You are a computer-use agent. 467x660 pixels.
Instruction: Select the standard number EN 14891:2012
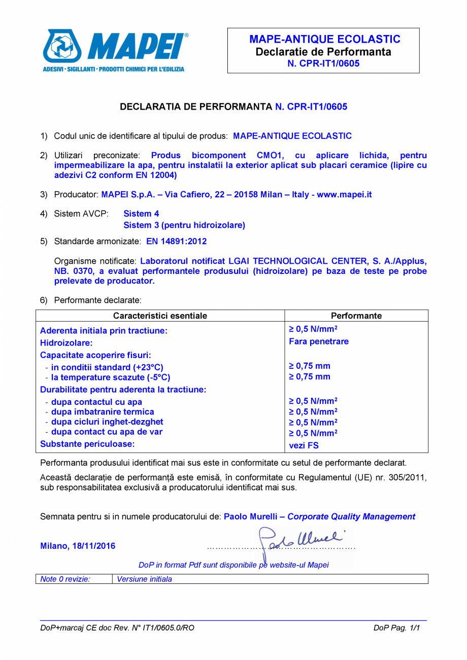coord(176,241)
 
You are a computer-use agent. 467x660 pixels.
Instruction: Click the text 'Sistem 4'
coord(141,214)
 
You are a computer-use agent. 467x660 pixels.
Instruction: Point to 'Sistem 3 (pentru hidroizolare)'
coord(184,225)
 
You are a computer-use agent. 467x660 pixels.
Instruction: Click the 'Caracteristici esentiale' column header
coord(160,316)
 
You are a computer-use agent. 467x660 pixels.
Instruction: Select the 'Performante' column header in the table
coord(356,316)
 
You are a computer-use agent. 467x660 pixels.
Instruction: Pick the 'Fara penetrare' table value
coord(318,341)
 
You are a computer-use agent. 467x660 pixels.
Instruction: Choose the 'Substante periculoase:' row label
coord(87,444)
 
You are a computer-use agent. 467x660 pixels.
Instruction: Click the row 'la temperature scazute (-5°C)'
coord(108,377)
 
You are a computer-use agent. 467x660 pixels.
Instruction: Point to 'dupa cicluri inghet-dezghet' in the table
coord(104,422)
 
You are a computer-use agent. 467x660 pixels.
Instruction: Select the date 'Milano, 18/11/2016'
coord(78,546)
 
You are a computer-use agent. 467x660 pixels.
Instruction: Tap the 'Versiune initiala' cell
coord(144,579)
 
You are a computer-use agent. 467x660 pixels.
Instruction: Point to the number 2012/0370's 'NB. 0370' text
coord(74,271)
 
